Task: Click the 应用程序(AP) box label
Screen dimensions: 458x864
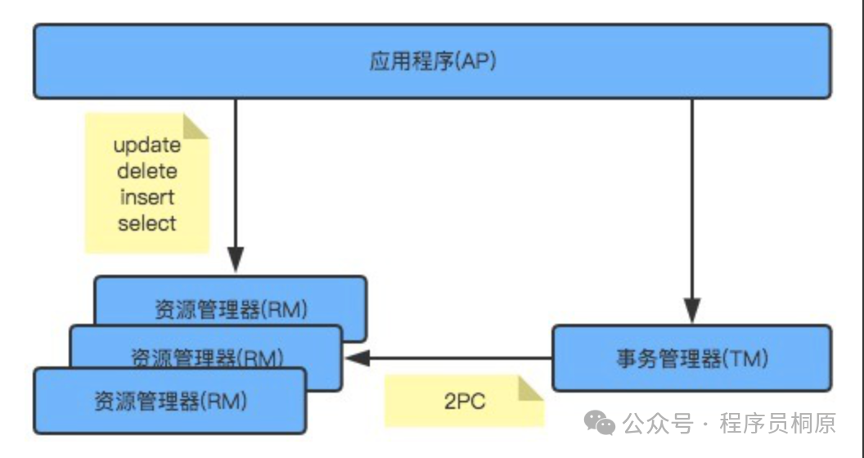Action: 433,62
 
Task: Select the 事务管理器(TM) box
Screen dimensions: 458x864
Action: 692,358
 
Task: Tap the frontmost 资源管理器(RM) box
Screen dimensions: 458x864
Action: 170,402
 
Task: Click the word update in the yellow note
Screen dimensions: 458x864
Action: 147,146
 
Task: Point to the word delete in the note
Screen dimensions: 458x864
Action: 147,172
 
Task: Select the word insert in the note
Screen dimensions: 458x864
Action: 147,197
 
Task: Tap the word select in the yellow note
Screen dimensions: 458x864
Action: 147,223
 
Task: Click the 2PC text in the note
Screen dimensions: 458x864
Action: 464,402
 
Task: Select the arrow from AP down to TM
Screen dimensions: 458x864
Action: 692,204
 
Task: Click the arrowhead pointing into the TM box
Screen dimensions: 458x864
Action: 692,312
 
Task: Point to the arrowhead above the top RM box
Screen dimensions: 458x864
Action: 236,263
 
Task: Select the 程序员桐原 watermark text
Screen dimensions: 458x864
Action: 777,424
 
